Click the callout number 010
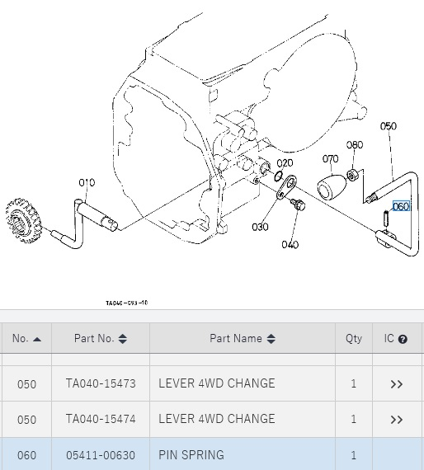tap(87, 182)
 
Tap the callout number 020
tap(285, 163)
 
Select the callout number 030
tap(260, 227)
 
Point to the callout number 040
tap(290, 245)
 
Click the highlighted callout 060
tap(401, 206)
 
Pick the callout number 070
tap(330, 158)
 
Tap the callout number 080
tap(355, 145)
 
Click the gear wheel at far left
tap(23, 220)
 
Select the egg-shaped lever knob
tap(331, 188)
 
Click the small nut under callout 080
tap(351, 175)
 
